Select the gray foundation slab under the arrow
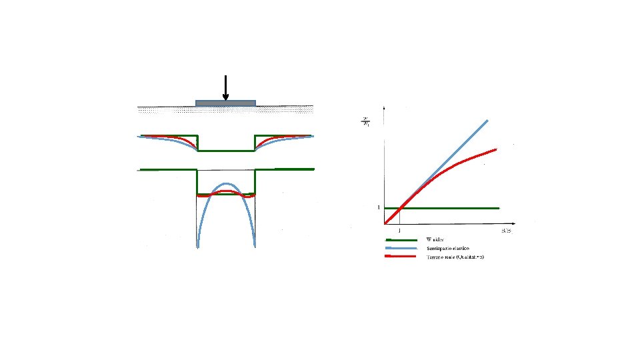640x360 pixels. point(225,103)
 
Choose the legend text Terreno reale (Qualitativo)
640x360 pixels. point(455,257)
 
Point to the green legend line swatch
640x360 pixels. point(397,239)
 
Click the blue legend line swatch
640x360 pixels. point(397,248)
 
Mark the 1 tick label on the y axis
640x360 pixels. point(379,207)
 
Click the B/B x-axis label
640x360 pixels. point(507,230)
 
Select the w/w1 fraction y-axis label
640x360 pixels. point(365,123)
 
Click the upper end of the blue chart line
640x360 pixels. point(488,120)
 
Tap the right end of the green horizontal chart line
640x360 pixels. point(499,208)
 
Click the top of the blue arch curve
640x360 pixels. point(226,183)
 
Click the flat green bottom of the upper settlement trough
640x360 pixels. point(226,151)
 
